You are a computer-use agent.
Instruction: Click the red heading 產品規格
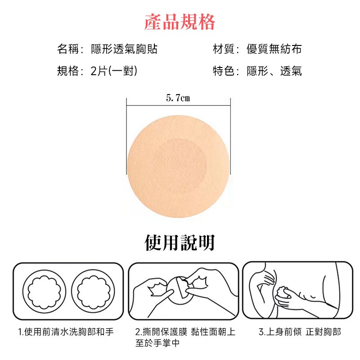[x=180, y=22]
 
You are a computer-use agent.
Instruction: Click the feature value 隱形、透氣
[x=274, y=71]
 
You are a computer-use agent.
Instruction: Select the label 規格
[x=68, y=71]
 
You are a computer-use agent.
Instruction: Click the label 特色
[x=223, y=71]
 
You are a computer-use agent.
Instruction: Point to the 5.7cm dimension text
[x=178, y=98]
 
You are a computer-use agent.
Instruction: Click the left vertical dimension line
[x=126, y=135]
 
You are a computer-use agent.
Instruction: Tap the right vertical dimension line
[x=231, y=135]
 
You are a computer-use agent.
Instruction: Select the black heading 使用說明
[x=180, y=243]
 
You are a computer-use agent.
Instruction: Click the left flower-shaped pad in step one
[x=43, y=290]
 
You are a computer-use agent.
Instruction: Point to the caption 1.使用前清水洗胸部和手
[x=66, y=332]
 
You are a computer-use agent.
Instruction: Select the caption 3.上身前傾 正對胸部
[x=300, y=332]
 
